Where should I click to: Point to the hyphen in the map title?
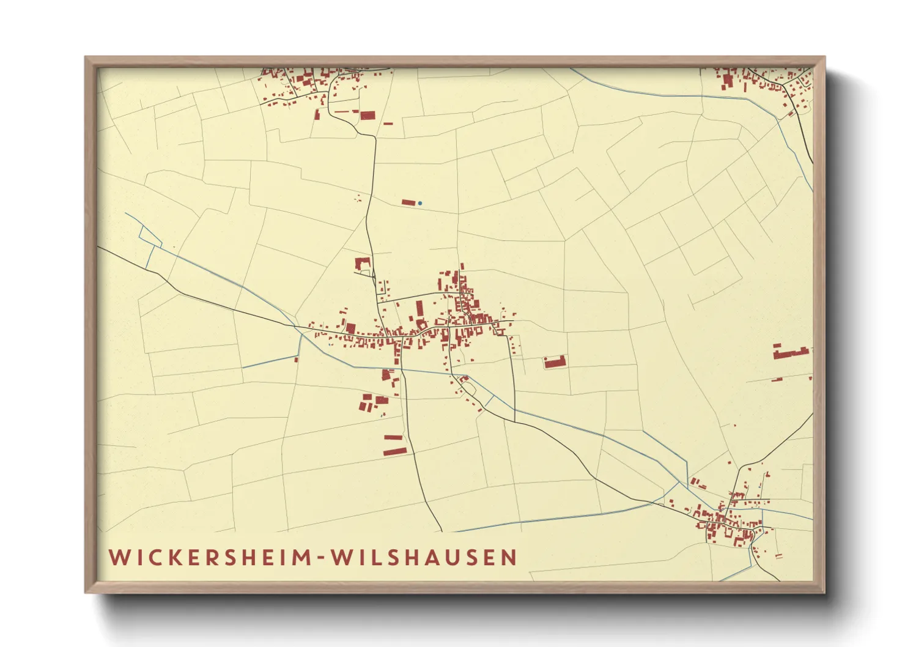tap(320, 558)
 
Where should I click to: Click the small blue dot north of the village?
tap(420, 203)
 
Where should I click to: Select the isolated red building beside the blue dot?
tap(408, 202)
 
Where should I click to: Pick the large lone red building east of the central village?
tap(555, 362)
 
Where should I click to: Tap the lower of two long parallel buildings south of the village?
tap(394, 451)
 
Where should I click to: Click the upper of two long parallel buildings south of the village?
tap(393, 437)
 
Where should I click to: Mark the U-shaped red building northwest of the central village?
tap(363, 264)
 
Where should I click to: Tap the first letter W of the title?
tap(118, 558)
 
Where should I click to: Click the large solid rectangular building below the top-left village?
tap(367, 115)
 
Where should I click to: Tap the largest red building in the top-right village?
tap(728, 81)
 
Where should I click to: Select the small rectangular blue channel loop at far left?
tap(150, 235)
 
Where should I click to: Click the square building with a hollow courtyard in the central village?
tap(421, 325)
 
